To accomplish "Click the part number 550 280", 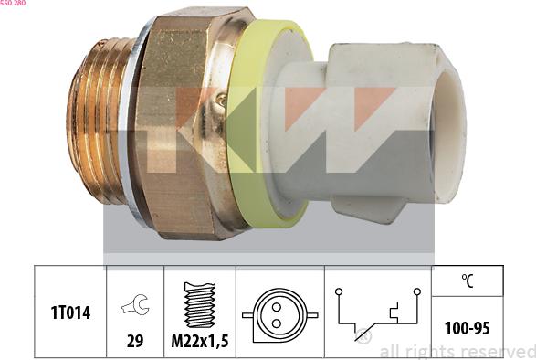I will pyautogui.click(x=13, y=5).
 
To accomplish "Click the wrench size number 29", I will pyautogui.click(x=134, y=342).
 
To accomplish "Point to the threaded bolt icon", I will pyautogui.click(x=199, y=304).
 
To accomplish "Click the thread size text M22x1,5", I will pyautogui.click(x=199, y=342).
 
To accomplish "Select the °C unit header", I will pyautogui.click(x=467, y=281).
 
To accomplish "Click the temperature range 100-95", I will pyautogui.click(x=467, y=327).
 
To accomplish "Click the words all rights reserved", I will pyautogui.click(x=456, y=351).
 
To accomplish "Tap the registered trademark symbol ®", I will pyautogui.click(x=363, y=336).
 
